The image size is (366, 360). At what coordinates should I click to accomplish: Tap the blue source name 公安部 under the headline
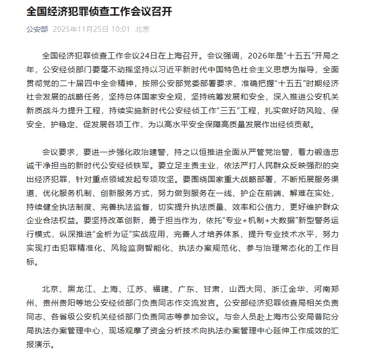pos(37,29)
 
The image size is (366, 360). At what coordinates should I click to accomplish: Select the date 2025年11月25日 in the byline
pos(80,29)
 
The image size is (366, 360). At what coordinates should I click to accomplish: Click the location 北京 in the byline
pos(142,29)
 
